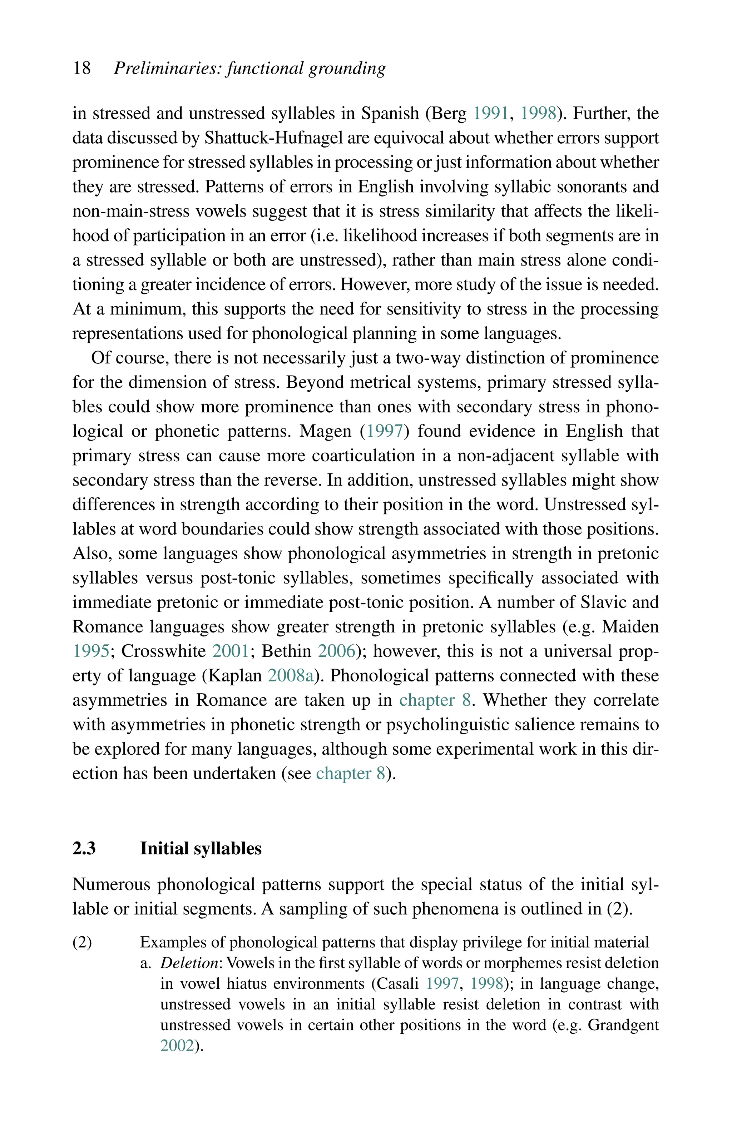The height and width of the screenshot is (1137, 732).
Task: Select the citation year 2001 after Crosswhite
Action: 231,651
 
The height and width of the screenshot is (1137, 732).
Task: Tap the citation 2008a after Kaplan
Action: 291,676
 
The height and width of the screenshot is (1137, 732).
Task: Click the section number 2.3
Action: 84,849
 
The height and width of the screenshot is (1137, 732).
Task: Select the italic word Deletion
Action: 189,963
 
